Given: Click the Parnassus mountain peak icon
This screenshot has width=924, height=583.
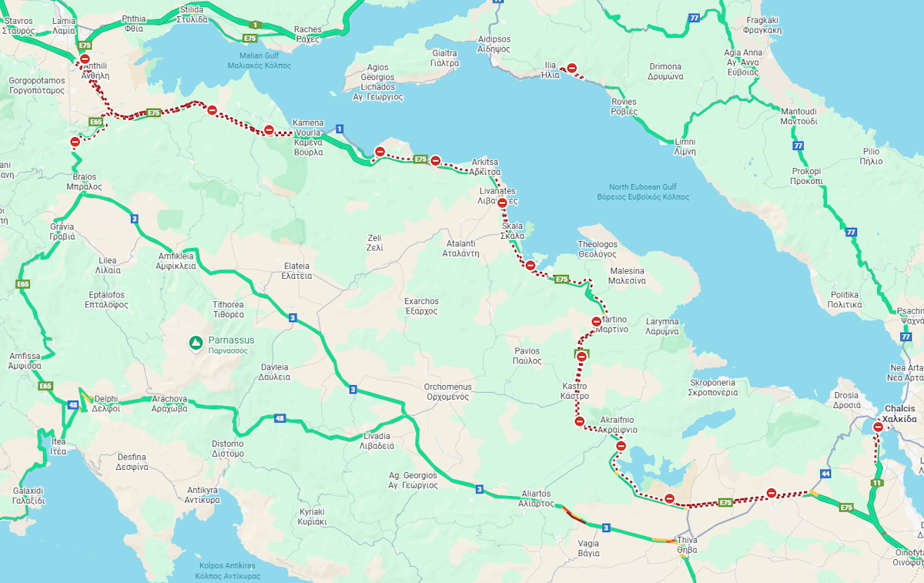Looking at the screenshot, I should [196, 341].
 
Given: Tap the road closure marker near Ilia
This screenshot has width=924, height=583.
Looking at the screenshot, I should [572, 69].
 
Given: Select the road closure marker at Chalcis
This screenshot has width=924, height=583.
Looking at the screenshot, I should [878, 427].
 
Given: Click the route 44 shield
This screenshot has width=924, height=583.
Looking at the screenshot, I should [825, 474].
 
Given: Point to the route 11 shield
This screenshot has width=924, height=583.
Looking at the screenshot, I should [877, 483].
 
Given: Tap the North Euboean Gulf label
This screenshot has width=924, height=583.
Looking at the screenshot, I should [643, 192].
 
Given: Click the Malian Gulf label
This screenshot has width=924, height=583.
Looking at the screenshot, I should [259, 61].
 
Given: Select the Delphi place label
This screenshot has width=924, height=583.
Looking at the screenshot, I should [106, 404].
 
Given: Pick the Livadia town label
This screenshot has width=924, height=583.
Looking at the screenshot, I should [377, 441].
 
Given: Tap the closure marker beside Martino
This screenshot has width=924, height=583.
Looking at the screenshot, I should [597, 321].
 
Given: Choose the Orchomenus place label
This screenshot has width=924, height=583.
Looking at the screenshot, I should [447, 391].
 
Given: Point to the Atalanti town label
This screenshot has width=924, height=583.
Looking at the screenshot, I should [463, 248].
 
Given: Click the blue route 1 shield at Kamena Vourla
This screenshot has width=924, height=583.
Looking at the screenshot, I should [340, 128].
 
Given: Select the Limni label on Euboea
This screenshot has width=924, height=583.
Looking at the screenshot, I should [685, 147].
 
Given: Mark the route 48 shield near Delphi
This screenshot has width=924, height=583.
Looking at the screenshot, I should [72, 405].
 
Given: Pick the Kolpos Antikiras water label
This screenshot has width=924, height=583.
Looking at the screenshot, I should [228, 571].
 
